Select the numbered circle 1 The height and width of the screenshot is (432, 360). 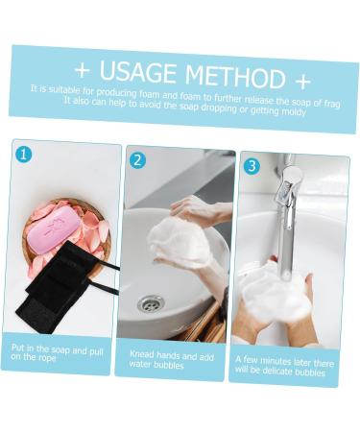(x=24, y=154)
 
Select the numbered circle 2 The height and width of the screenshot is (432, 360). (x=137, y=160)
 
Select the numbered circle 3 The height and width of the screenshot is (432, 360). (x=252, y=165)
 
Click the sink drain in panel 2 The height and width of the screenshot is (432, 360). (x=150, y=303)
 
